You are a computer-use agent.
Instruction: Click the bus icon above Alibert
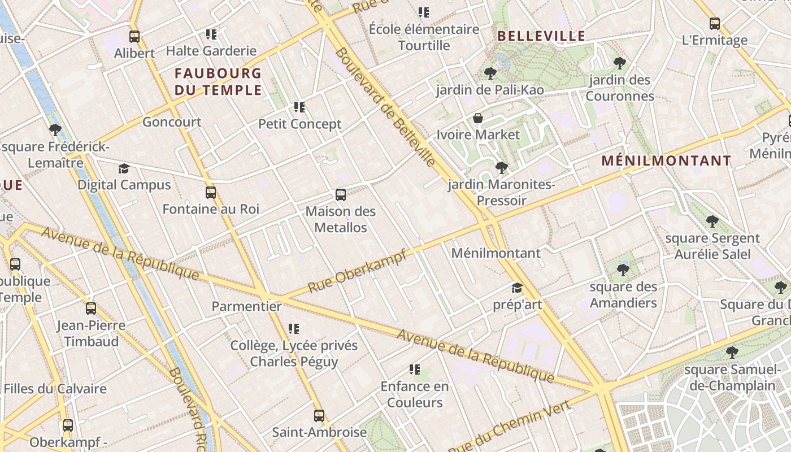point(134,37)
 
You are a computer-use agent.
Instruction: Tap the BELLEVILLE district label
point(541,36)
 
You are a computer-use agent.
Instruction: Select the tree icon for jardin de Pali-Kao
point(490,73)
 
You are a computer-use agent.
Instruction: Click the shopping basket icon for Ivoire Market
point(477,118)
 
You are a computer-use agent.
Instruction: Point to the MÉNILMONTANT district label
point(666,160)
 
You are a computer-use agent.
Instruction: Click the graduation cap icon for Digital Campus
point(124,168)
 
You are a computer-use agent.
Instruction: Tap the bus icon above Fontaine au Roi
point(211,193)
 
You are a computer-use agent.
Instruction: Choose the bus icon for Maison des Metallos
point(341,195)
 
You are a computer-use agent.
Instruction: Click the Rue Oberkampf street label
point(357,272)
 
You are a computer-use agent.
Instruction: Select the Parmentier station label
point(246,306)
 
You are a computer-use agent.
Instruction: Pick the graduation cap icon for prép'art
point(517,288)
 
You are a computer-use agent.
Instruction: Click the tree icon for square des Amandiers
point(623,270)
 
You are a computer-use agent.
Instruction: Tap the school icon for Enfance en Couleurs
point(415,370)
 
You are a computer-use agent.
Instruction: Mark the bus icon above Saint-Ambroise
point(319,416)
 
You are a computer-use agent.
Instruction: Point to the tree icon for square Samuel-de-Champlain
point(732,353)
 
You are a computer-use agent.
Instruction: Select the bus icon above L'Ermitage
point(715,24)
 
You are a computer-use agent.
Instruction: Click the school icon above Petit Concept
point(299,107)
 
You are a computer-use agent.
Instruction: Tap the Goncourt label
point(172,121)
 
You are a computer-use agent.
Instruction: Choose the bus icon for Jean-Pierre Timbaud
point(91,308)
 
